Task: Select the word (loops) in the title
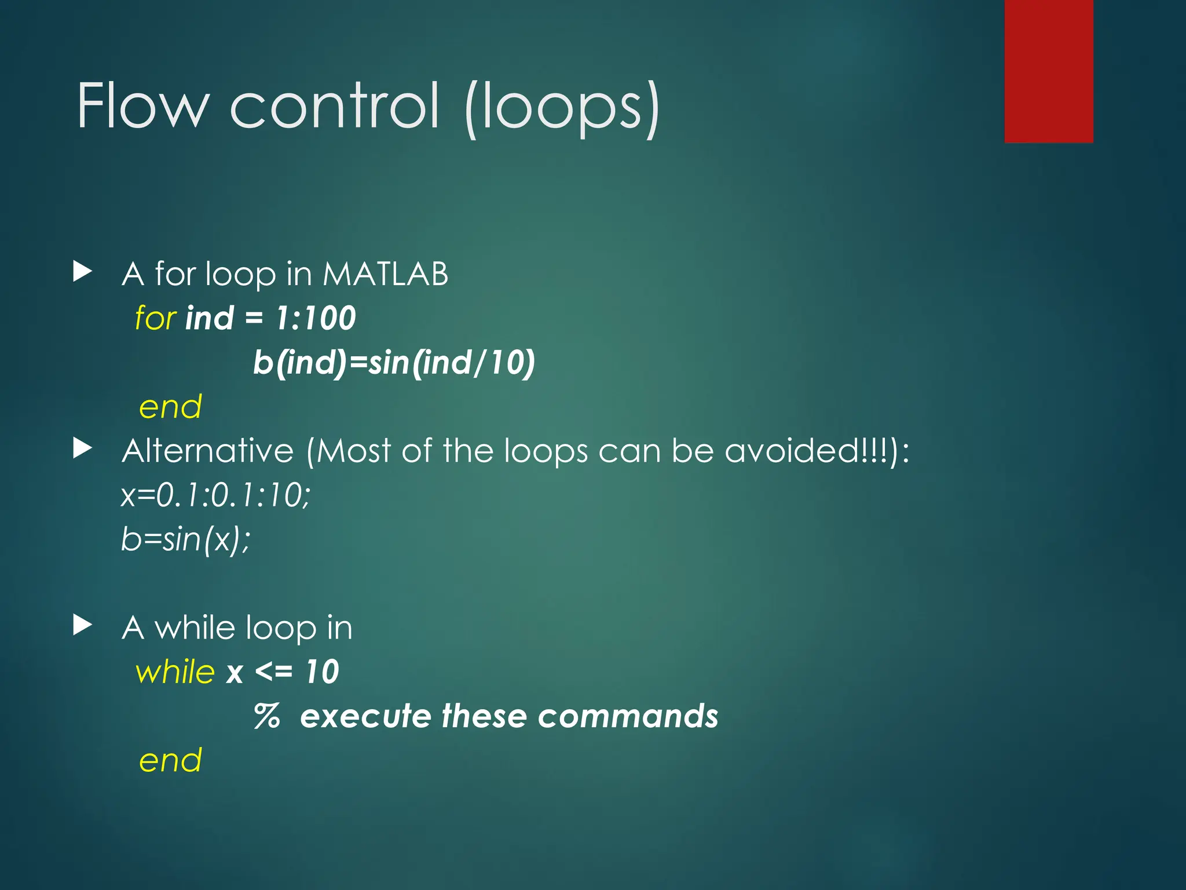point(562,108)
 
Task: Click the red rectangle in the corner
point(1048,71)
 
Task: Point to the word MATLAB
point(385,273)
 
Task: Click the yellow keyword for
point(155,318)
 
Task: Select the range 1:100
point(316,318)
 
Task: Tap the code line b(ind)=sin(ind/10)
point(394,363)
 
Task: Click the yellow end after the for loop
point(170,407)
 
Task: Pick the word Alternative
point(208,451)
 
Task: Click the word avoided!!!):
point(817,451)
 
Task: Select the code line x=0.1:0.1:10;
point(215,495)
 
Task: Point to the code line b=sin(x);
point(185,539)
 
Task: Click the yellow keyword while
point(175,672)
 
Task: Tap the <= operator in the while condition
point(273,672)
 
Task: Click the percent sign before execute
point(267,716)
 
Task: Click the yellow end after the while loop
point(170,760)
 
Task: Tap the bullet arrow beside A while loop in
point(83,625)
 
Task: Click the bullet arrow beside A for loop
point(83,271)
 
